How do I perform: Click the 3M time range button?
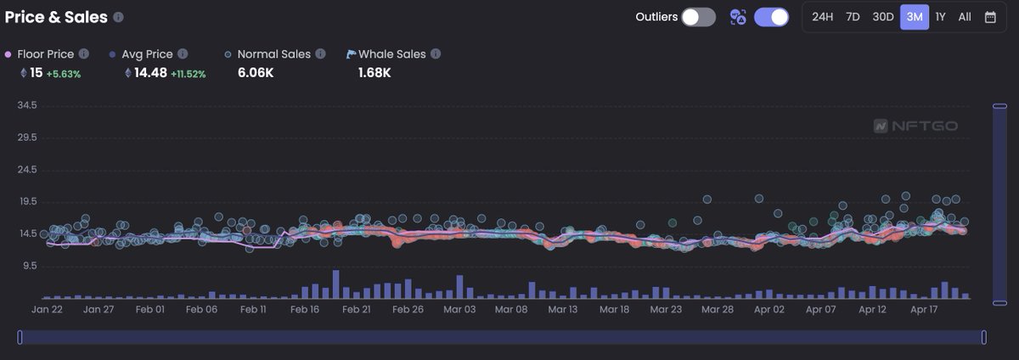(915, 17)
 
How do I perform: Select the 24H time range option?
(822, 17)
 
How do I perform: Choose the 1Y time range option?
(940, 17)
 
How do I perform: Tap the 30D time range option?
(883, 17)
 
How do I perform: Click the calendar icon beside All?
(990, 17)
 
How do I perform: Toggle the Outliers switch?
(698, 17)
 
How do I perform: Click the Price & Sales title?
(56, 17)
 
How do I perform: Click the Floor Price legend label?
(45, 54)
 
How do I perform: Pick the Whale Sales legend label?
(392, 54)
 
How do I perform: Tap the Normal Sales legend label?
(273, 54)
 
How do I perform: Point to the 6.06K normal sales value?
(255, 73)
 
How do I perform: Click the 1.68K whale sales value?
(374, 73)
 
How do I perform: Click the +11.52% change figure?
(188, 74)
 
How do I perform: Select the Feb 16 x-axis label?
(304, 310)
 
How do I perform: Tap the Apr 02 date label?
(769, 310)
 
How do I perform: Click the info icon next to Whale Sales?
(436, 54)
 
